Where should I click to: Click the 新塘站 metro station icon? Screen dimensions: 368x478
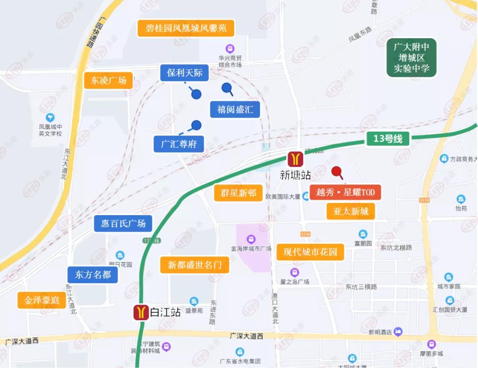[x=295, y=159]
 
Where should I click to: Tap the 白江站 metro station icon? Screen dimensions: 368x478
[x=141, y=312]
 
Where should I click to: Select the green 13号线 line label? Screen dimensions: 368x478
[x=388, y=139]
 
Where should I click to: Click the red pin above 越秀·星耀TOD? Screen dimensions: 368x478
[x=337, y=171]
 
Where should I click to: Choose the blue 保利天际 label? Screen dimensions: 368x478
[x=185, y=73]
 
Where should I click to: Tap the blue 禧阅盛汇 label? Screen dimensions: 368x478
[x=235, y=109]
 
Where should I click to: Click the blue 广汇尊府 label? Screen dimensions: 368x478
[x=178, y=144]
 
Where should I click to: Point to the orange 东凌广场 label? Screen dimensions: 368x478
[x=108, y=81]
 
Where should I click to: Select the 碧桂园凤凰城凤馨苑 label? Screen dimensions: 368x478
[x=186, y=28]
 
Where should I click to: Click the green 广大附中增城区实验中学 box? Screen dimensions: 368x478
[x=412, y=58]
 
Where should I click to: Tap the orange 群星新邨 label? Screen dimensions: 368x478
[x=238, y=193]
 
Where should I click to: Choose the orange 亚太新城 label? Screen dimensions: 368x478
[x=351, y=211]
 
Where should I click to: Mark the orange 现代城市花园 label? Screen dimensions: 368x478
[x=310, y=252]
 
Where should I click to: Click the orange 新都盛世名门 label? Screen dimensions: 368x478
[x=195, y=265]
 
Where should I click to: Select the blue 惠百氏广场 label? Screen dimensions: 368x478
[x=123, y=223]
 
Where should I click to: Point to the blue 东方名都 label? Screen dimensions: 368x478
[x=93, y=275]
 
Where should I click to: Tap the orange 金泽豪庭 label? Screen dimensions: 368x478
[x=42, y=301]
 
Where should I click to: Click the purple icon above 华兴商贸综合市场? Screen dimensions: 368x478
[x=230, y=48]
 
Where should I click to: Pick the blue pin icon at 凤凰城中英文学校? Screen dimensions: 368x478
[x=50, y=117]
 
